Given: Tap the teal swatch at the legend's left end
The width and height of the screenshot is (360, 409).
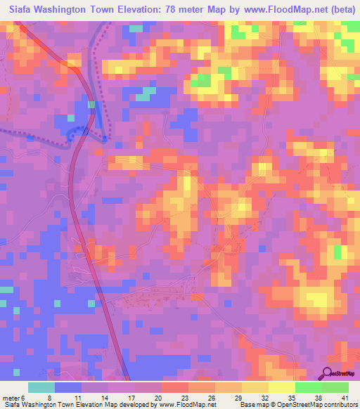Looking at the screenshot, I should tap(41, 387).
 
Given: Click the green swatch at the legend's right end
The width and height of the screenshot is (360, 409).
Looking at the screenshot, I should tap(335, 387).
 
